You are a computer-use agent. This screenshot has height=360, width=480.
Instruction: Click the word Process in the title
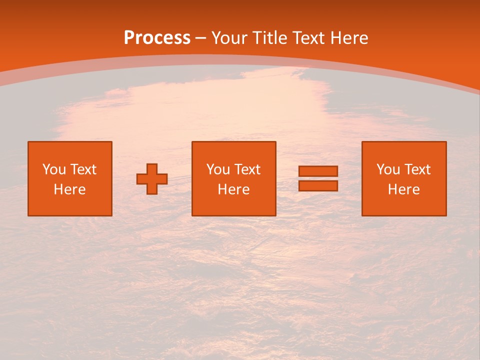(x=157, y=38)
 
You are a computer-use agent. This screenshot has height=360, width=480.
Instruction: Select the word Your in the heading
(x=230, y=38)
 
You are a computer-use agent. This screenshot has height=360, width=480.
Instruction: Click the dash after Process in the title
(x=201, y=38)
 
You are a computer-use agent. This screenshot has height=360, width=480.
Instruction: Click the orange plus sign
(x=152, y=179)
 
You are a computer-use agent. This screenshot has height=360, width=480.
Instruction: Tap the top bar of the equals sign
(x=318, y=171)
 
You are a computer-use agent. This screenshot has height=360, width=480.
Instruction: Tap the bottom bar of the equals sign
(x=318, y=186)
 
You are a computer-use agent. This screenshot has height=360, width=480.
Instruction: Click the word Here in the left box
(x=69, y=189)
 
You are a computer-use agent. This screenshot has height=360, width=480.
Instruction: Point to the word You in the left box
(x=54, y=169)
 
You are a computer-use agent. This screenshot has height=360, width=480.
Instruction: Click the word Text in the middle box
(x=247, y=169)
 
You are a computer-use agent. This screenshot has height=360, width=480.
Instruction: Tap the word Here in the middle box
(x=233, y=189)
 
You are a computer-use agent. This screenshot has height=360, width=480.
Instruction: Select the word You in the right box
(x=388, y=169)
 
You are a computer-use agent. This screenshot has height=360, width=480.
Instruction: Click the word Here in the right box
(x=403, y=189)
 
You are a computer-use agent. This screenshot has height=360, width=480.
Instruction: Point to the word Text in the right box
(x=417, y=169)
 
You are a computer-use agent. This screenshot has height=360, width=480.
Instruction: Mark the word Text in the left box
(x=83, y=169)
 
